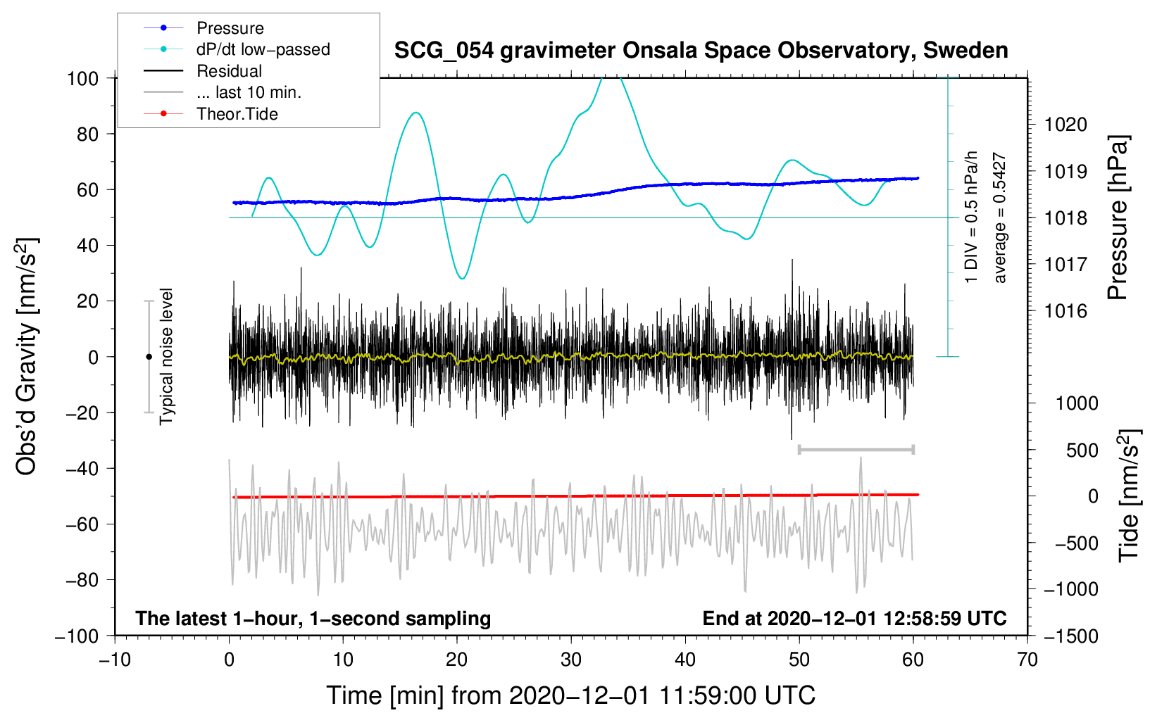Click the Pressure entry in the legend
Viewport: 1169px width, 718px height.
point(230,28)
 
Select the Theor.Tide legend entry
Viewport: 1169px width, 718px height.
point(237,114)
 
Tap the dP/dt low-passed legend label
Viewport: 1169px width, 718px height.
point(263,49)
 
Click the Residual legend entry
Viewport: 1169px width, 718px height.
point(229,71)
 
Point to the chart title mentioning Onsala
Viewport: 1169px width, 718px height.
point(701,51)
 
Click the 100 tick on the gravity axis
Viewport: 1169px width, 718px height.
point(82,78)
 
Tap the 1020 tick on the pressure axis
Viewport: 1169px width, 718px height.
point(1065,125)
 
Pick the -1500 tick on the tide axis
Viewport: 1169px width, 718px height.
point(1070,636)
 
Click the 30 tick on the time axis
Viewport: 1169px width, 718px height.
point(571,660)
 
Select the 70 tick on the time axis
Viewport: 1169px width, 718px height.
point(1027,660)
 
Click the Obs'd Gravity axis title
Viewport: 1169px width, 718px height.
point(27,356)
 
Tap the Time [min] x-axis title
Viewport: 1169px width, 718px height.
point(570,695)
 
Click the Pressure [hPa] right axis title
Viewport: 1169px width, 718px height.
point(1118,218)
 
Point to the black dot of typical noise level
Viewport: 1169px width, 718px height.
point(149,357)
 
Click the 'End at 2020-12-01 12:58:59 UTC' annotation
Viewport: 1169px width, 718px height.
point(854,618)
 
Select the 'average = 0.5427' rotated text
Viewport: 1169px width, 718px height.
point(1000,218)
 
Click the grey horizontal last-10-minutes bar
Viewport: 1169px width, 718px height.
point(856,449)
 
